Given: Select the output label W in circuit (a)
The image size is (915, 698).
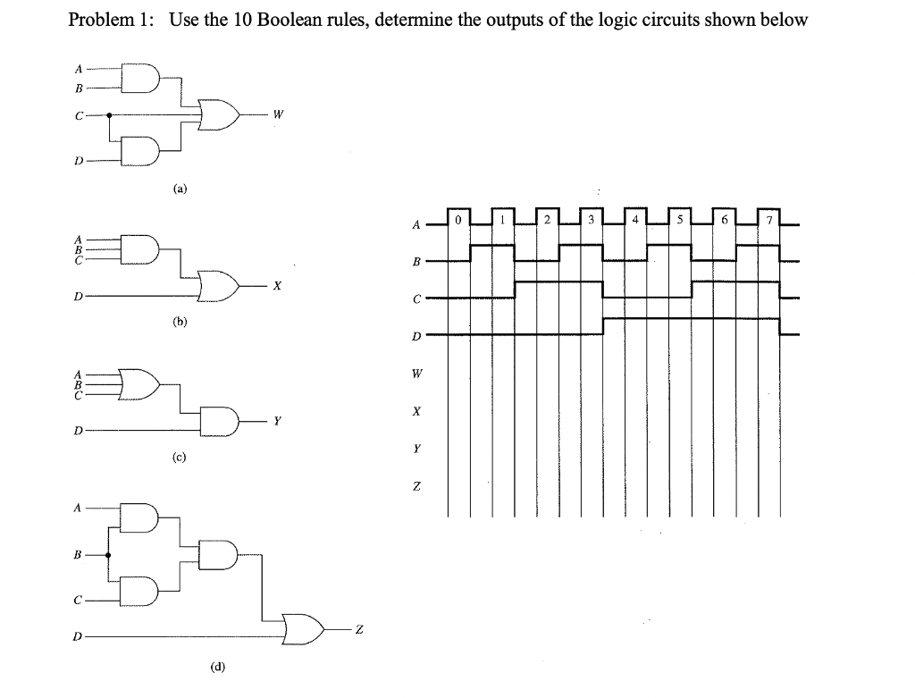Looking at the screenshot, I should (280, 114).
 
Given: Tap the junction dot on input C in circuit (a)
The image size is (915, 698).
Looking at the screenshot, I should (109, 114).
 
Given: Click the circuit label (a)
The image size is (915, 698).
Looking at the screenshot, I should (180, 189).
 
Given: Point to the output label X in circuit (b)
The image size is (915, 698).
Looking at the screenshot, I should (278, 286).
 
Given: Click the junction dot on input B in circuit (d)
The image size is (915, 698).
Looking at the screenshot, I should (109, 555).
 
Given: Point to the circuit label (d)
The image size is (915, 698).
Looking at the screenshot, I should (218, 666).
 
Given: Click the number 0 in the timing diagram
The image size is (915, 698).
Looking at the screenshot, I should (457, 218).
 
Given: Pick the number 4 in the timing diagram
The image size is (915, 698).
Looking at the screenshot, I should (634, 218).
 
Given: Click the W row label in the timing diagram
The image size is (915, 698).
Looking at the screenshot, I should (416, 374).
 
